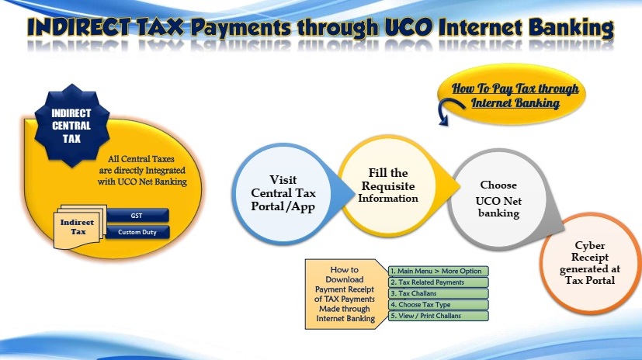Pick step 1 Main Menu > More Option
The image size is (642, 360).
[439, 271]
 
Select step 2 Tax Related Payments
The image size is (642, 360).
[439, 282]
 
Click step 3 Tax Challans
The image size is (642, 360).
[439, 293]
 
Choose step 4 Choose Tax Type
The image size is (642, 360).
[439, 305]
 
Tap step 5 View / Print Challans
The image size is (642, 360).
[439, 316]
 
